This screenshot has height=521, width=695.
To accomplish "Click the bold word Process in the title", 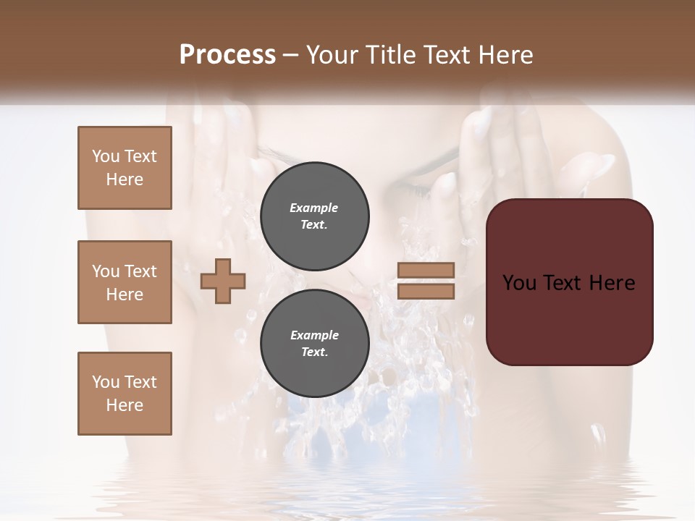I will point(227,55).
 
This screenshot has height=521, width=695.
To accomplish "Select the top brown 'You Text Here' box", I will point(125,168).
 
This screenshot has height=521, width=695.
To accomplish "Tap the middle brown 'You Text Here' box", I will point(125,282).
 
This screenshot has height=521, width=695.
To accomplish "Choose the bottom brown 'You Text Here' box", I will point(125,394).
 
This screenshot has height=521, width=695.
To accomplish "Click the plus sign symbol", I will point(223,281).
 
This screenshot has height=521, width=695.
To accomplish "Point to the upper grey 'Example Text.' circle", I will point(314,216).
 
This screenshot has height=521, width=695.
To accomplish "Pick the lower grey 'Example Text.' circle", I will point(314,343).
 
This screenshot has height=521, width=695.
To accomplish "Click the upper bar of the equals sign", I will point(426,270).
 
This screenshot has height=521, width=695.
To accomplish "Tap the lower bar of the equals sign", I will point(426,291).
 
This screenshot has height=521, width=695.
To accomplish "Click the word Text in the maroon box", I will point(563,283).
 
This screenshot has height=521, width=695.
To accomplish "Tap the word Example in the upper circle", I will point(314,208).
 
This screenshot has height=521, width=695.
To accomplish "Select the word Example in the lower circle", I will point(314,335).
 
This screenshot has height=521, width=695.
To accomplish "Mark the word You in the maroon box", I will point(519,283).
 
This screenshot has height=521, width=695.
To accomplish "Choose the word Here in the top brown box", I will point(125,179).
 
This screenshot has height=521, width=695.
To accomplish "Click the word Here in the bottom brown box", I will point(125,405).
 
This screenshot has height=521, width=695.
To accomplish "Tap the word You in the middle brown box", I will point(105,271).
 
